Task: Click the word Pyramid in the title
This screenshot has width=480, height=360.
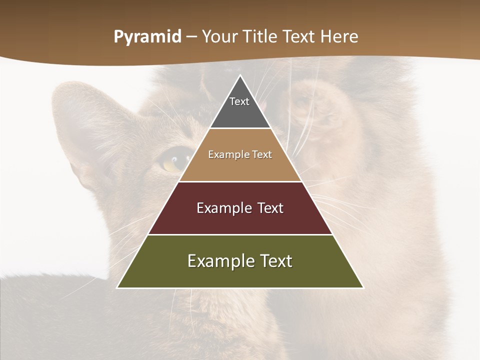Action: pyautogui.click(x=147, y=37)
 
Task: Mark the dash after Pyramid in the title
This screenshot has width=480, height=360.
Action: pyautogui.click(x=191, y=37)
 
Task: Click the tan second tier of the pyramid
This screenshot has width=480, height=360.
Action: pyautogui.click(x=240, y=165)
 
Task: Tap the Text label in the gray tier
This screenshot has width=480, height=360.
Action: pyautogui.click(x=239, y=101)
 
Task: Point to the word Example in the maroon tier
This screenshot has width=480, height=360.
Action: pyautogui.click(x=222, y=208)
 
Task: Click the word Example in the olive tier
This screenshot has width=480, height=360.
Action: pyautogui.click(x=220, y=261)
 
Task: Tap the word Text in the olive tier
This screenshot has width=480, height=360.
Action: pyautogui.click(x=274, y=261)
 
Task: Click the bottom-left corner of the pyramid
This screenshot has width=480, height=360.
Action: pyautogui.click(x=118, y=287)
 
